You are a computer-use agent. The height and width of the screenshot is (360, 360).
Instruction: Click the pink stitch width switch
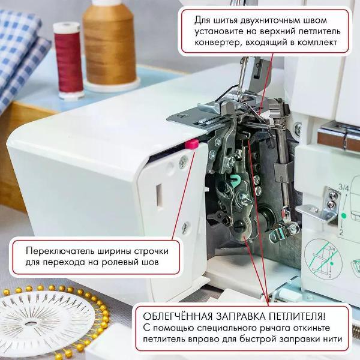pos(192,143)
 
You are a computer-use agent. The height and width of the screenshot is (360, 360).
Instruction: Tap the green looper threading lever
pos(235,179)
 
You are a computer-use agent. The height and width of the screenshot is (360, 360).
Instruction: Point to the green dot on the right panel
pos(343,214)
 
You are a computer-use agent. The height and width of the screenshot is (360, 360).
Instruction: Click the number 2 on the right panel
pos(340,230)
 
